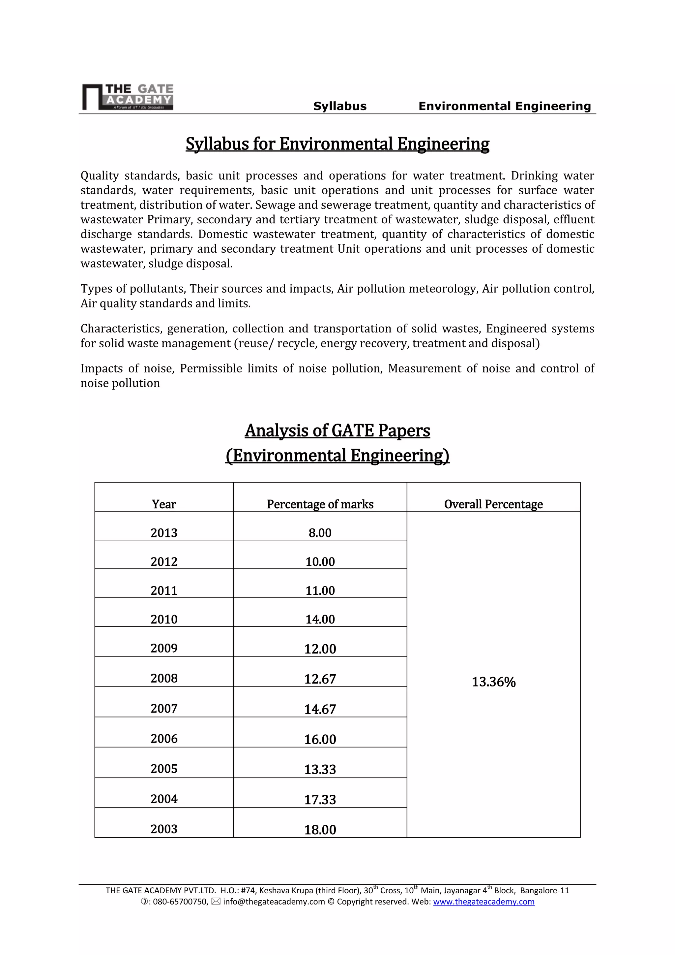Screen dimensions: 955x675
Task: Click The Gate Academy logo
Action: coord(128,97)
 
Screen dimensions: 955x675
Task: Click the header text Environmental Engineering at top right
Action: coord(504,106)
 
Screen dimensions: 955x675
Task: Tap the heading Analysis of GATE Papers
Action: coord(337,430)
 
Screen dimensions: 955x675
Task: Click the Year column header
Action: coord(164,504)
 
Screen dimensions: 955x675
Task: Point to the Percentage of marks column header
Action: coord(320,504)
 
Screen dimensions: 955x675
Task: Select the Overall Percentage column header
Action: coord(493,504)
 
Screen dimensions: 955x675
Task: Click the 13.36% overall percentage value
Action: coord(493,682)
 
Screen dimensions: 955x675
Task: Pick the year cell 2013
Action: coord(164,533)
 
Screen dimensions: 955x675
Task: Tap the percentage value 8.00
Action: coord(320,533)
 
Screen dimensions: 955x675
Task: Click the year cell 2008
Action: coord(164,679)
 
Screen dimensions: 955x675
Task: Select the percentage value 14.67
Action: coord(320,709)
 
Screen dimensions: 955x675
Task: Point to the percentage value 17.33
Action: coord(320,799)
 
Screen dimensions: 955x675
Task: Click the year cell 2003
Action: coord(164,829)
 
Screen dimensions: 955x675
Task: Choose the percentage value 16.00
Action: coord(320,739)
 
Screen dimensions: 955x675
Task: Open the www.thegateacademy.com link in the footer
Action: coord(484,902)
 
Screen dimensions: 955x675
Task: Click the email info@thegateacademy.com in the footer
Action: coord(274,902)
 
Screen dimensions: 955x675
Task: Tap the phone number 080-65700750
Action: coord(180,902)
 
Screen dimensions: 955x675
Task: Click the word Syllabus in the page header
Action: coord(339,106)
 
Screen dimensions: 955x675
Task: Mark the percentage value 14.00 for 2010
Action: coord(320,619)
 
